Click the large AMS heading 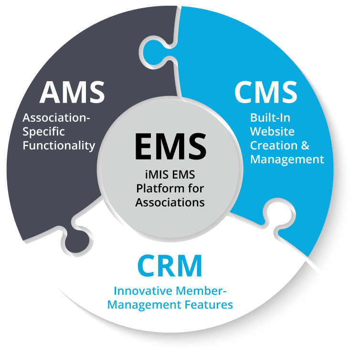(72, 92)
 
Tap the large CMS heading (265, 92)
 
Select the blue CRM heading (169, 266)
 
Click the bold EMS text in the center (170, 146)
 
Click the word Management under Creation (286, 159)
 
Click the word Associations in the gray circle (170, 202)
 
